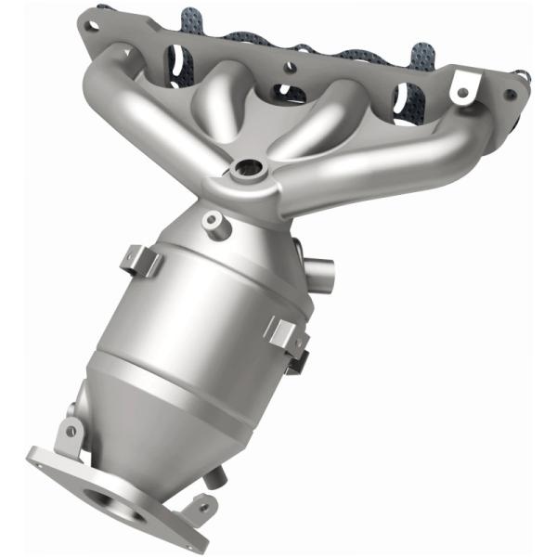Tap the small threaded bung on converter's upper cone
click(214, 221)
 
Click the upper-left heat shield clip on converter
click(142, 260)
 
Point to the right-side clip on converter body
click(286, 334)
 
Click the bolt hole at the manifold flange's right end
click(508, 94)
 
